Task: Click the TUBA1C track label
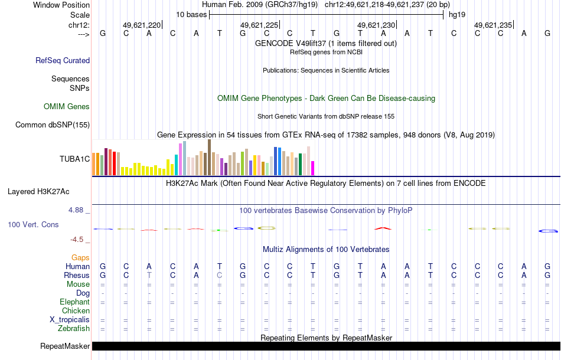[x=74, y=159]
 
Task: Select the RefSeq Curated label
[x=63, y=60]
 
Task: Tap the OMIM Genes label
[x=67, y=107]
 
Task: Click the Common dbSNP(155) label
[x=53, y=125]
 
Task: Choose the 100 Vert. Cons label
[x=33, y=225]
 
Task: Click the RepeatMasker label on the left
[x=65, y=346]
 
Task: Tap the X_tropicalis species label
[x=70, y=320]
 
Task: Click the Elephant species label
[x=74, y=302]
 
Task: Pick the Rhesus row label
[x=77, y=276]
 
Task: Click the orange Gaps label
[x=80, y=258]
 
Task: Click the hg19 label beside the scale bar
[x=457, y=13]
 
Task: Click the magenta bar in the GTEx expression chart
[x=313, y=168]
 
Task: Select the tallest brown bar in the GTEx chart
[x=209, y=157]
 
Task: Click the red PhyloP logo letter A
[x=383, y=228]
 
